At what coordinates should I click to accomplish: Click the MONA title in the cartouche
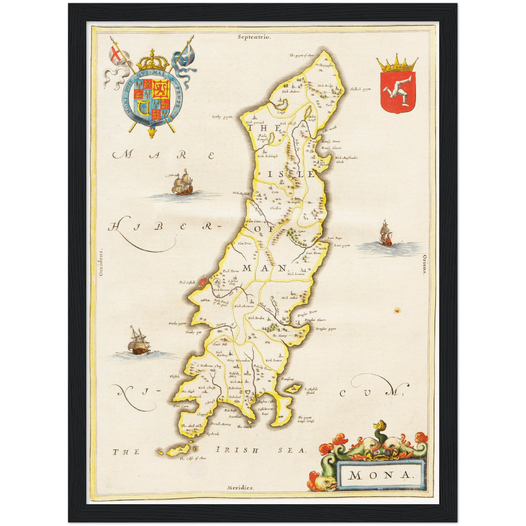tap(380, 475)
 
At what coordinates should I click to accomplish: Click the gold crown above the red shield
tap(397, 64)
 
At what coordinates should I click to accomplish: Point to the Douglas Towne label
tap(307, 312)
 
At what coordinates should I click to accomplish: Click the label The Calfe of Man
tap(193, 458)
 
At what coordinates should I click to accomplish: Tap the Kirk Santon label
tap(274, 360)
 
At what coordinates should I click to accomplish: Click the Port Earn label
tap(181, 406)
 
